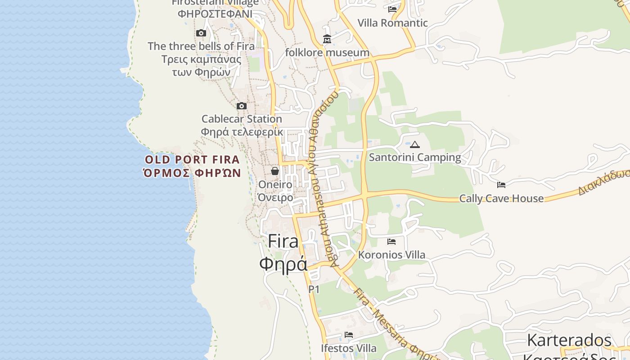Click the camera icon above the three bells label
[201, 33]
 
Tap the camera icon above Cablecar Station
[242, 106]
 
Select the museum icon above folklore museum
[327, 40]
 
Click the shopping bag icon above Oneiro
[275, 171]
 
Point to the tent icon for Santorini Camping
[414, 144]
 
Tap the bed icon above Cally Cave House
[501, 184]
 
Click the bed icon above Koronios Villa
[391, 242]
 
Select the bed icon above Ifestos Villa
[349, 335]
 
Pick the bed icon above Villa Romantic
[392, 9]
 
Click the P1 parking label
[314, 289]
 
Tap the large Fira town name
[283, 242]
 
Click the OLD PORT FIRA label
[192, 159]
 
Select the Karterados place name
[569, 340]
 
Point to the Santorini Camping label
[415, 157]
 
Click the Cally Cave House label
[501, 198]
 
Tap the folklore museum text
[327, 53]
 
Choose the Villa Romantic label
[392, 23]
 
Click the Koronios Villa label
[391, 255]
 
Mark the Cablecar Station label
[242, 119]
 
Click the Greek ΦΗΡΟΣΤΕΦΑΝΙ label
[215, 13]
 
